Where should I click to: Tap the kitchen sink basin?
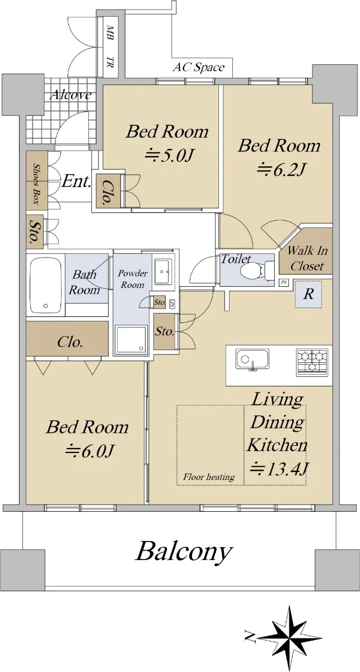click(253, 359)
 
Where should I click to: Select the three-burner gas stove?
click(312, 362)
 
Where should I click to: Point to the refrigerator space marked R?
click(308, 294)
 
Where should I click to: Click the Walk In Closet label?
click(307, 258)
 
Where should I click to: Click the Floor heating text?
click(209, 477)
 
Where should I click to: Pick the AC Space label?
click(199, 67)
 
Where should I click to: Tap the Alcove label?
click(71, 95)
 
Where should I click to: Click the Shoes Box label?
click(37, 184)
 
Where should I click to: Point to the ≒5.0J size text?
click(168, 156)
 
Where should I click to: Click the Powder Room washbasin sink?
click(163, 272)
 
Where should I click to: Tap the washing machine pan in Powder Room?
click(132, 339)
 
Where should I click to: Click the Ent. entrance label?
click(76, 181)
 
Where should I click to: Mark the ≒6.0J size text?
click(90, 450)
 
